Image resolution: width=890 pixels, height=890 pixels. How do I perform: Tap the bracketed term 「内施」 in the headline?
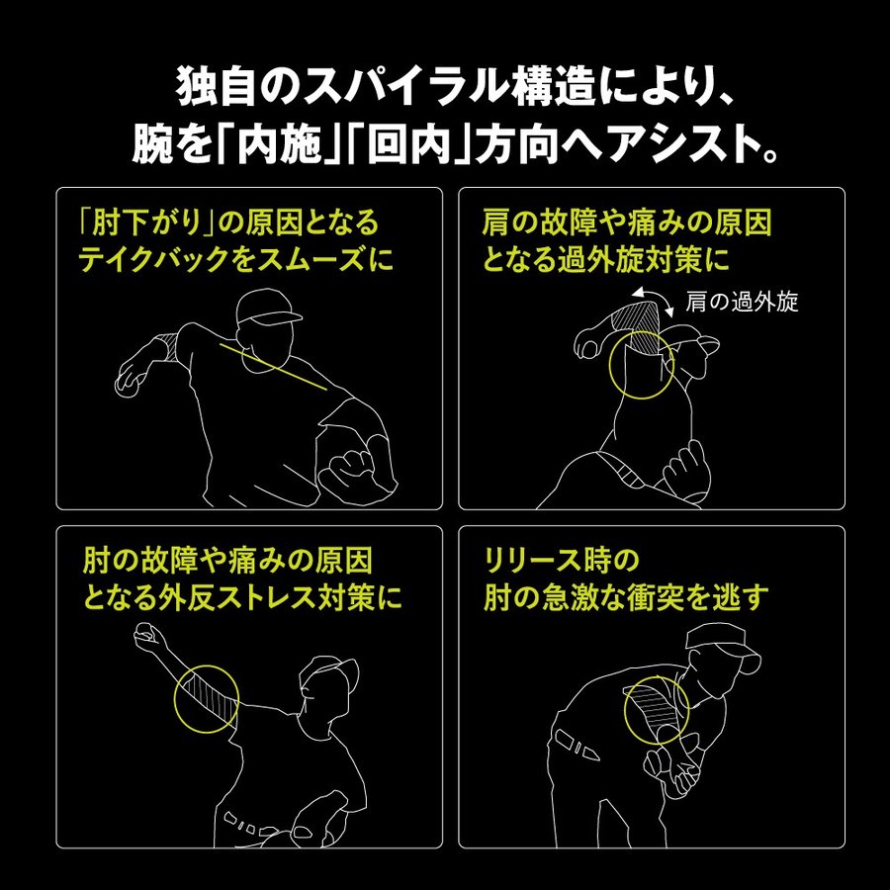pyautogui.click(x=281, y=147)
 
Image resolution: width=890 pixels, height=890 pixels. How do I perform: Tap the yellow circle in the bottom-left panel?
pyautogui.click(x=206, y=697)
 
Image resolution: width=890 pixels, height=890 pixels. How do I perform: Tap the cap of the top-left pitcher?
pyautogui.click(x=269, y=308)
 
